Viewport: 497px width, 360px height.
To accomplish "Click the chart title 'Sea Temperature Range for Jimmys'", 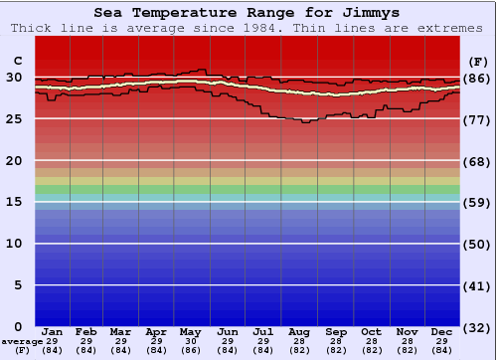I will (248, 13).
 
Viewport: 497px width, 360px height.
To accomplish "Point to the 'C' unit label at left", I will (17, 61).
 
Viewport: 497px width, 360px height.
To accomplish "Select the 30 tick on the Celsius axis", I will (15, 78).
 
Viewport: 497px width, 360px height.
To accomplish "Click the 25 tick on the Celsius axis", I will (15, 119).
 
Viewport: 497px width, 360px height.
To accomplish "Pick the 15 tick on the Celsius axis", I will (15, 202).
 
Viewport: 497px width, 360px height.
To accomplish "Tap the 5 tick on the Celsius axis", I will (19, 285).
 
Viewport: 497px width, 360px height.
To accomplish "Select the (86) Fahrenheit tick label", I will (477, 78).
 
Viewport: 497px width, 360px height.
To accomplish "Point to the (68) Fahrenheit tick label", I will (477, 161).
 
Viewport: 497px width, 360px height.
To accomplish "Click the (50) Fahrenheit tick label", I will (477, 244).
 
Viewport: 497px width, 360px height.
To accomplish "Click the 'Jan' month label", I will (53, 331).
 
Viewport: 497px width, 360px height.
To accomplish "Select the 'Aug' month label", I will (298, 331).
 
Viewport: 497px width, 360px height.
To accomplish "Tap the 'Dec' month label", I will (442, 331).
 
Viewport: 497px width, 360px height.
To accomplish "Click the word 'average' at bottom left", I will (22, 341).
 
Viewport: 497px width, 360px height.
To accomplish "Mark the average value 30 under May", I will (192, 340).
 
